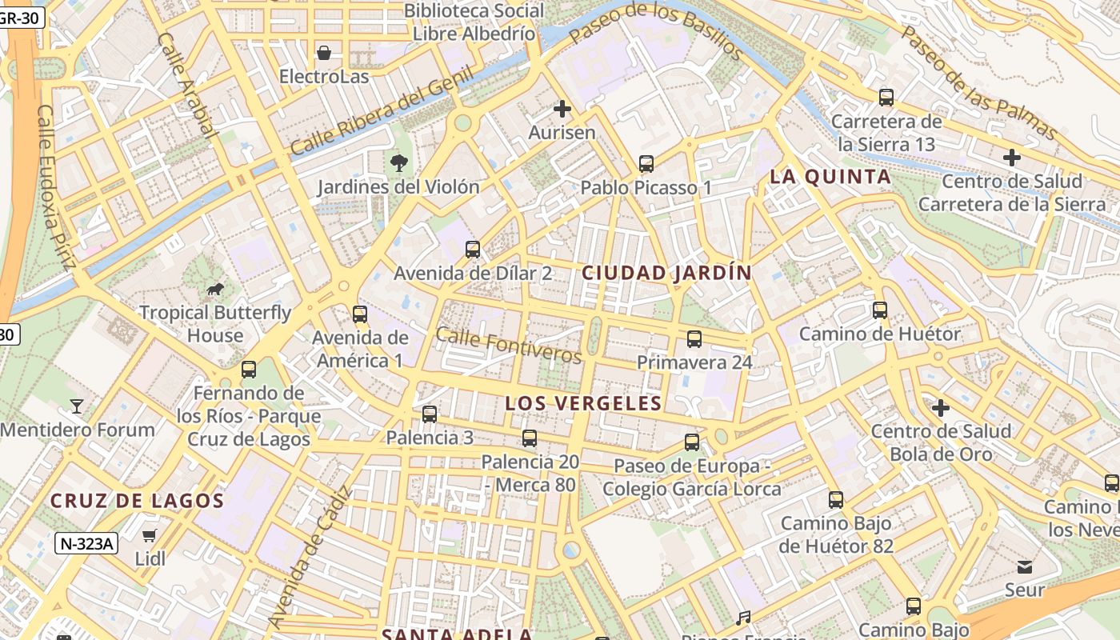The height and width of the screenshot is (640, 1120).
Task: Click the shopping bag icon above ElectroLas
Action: point(324,53)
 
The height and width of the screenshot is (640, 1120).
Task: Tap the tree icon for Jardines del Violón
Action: point(398,163)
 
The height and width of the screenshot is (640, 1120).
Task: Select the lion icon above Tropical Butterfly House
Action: point(214,289)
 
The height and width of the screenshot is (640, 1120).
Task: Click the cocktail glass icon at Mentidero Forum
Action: point(77,406)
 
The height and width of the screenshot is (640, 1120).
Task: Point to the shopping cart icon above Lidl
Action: point(150,535)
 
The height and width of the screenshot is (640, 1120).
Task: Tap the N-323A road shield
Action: point(87,544)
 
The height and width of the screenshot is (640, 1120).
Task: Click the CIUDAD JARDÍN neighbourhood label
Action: point(666,273)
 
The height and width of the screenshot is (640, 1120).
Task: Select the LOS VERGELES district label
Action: point(583,403)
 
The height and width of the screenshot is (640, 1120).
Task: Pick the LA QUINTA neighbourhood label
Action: point(830,177)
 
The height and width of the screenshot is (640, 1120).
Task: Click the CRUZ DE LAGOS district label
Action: point(137,502)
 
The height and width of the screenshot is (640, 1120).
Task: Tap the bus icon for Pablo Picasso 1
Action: point(646,164)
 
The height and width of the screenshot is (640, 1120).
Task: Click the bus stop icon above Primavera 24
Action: point(694,339)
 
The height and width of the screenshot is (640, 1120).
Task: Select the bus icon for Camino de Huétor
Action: point(880,310)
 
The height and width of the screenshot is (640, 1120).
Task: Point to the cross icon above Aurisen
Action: point(562,109)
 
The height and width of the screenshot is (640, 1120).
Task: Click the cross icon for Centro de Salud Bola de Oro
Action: point(941,408)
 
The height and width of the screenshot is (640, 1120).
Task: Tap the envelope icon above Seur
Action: point(1025,567)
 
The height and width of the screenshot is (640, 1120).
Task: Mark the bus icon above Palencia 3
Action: point(430,414)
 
